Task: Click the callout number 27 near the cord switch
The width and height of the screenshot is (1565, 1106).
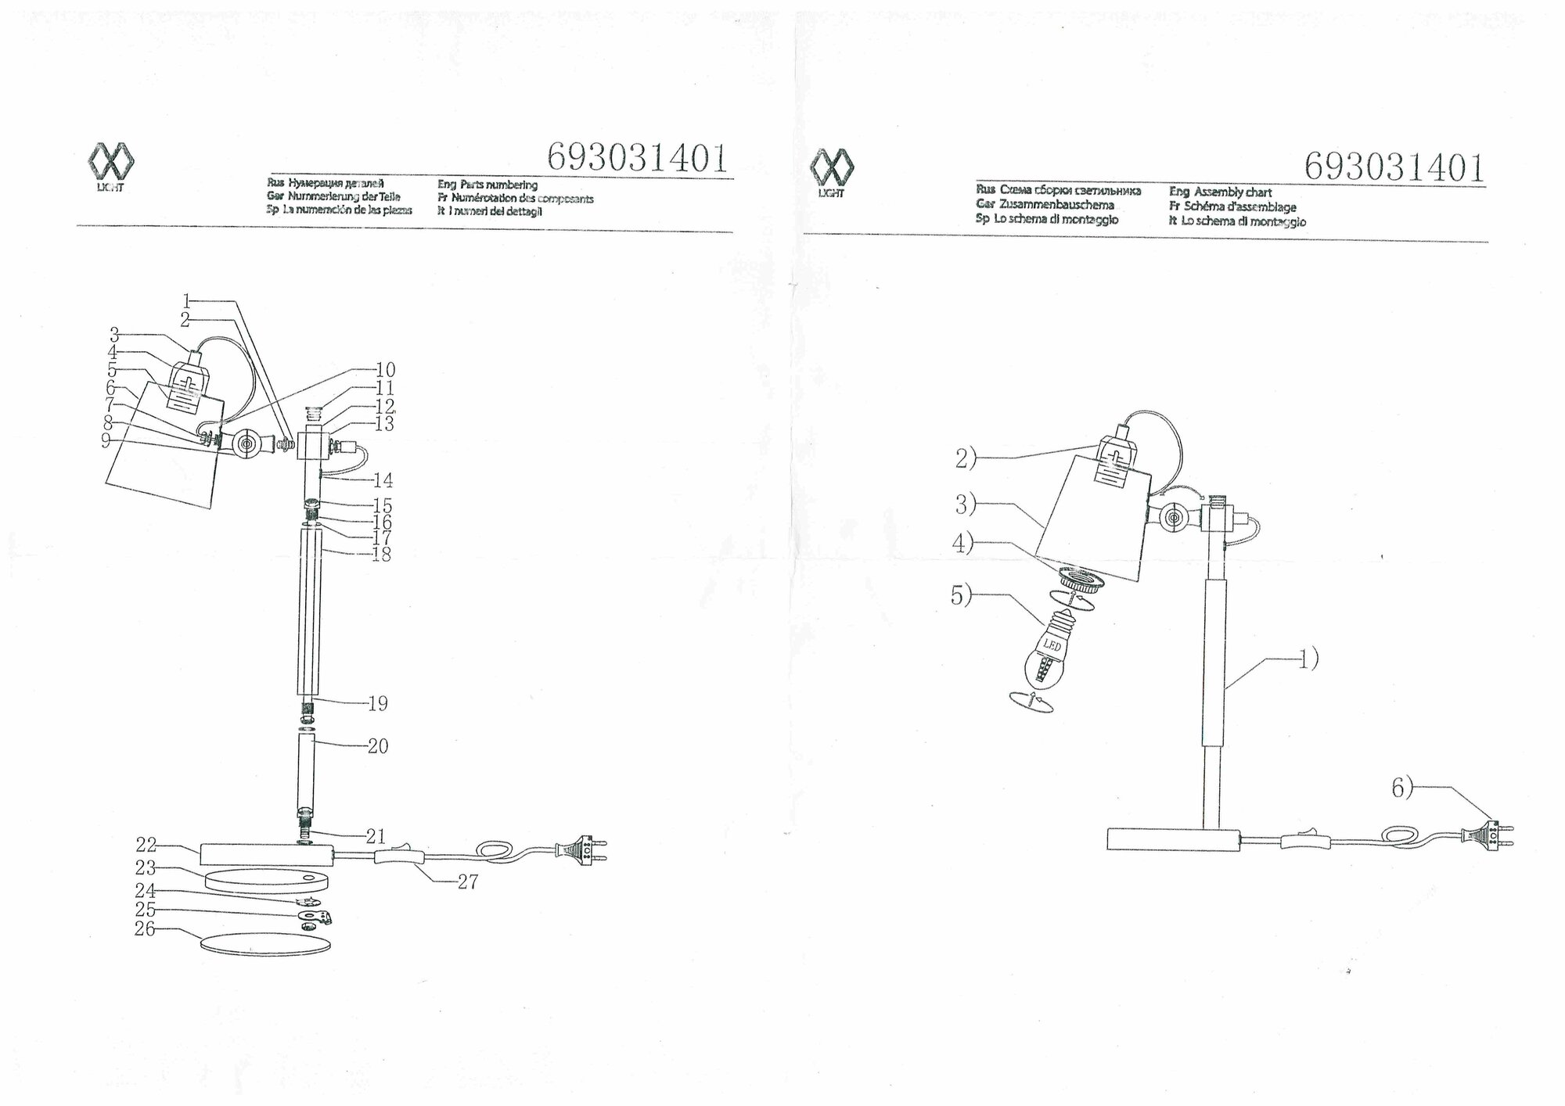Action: pyautogui.click(x=467, y=882)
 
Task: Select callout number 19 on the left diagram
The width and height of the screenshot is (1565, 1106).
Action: pyautogui.click(x=378, y=703)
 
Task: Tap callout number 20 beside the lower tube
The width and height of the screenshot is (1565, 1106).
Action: pyautogui.click(x=378, y=746)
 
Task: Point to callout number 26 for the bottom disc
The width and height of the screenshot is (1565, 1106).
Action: pyautogui.click(x=145, y=929)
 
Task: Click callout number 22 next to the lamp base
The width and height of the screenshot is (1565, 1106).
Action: pyautogui.click(x=146, y=846)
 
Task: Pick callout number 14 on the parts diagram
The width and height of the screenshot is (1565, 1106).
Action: pyautogui.click(x=383, y=480)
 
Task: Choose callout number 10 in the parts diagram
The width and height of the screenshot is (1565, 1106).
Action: pyautogui.click(x=385, y=369)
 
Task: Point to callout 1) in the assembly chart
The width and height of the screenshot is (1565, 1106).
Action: pyautogui.click(x=1308, y=659)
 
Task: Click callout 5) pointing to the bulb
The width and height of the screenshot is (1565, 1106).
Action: pyautogui.click(x=962, y=596)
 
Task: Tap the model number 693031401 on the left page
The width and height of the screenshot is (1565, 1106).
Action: pyautogui.click(x=637, y=158)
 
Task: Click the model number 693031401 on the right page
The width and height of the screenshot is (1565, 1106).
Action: pyautogui.click(x=1394, y=167)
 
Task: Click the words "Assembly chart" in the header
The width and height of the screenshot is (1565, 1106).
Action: pyautogui.click(x=1243, y=192)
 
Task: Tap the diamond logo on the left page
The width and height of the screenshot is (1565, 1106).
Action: pyautogui.click(x=110, y=163)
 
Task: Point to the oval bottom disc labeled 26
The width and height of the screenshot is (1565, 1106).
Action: pyautogui.click(x=265, y=943)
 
